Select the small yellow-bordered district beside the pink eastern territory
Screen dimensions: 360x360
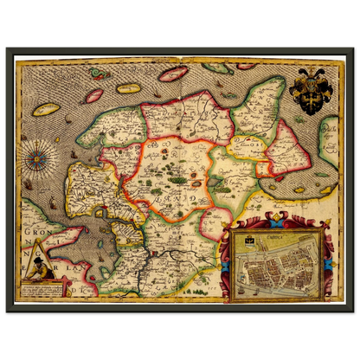coord(251,147)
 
